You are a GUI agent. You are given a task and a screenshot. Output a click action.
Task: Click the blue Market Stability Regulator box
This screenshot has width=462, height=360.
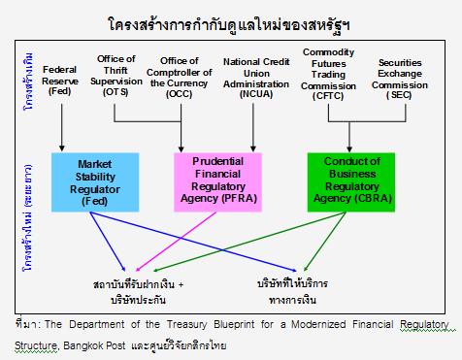point(95,182)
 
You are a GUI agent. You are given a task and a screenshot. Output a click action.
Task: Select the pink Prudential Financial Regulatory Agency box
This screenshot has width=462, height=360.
point(217,182)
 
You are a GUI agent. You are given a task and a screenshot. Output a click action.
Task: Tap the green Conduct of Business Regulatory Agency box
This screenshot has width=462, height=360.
point(351,182)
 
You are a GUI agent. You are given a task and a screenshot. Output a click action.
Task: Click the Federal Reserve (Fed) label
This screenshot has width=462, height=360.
point(60,81)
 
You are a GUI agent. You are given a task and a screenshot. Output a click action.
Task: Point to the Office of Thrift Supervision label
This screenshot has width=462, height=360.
point(116,76)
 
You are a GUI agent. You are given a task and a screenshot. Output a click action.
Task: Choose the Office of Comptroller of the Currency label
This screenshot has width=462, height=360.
point(180,78)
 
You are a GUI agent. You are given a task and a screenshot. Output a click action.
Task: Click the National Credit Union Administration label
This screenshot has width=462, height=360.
point(256,78)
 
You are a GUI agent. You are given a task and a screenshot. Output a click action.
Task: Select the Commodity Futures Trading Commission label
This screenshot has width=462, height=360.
point(328,74)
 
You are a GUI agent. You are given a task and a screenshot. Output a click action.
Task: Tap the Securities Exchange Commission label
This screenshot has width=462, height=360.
point(400,79)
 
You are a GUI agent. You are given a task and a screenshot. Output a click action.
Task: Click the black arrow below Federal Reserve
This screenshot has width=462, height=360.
point(62,127)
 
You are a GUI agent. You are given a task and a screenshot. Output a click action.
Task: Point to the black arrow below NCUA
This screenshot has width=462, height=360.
point(253,127)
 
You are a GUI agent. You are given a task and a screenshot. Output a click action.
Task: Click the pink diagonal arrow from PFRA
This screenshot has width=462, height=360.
point(176,242)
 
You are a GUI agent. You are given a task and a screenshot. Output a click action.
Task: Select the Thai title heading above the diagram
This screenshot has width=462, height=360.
point(229,24)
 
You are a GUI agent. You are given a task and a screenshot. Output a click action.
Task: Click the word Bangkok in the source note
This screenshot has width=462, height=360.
point(82,345)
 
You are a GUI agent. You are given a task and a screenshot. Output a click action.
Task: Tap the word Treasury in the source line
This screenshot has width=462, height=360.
point(186,324)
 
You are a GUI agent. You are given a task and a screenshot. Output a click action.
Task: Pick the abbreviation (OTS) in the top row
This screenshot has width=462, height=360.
point(115,92)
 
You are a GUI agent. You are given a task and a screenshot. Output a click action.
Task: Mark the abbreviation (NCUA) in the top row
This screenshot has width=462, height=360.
point(256,94)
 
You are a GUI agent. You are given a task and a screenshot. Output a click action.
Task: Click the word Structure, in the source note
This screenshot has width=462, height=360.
point(37,345)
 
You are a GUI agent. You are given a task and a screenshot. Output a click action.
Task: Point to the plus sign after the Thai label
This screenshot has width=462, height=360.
point(181,285)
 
